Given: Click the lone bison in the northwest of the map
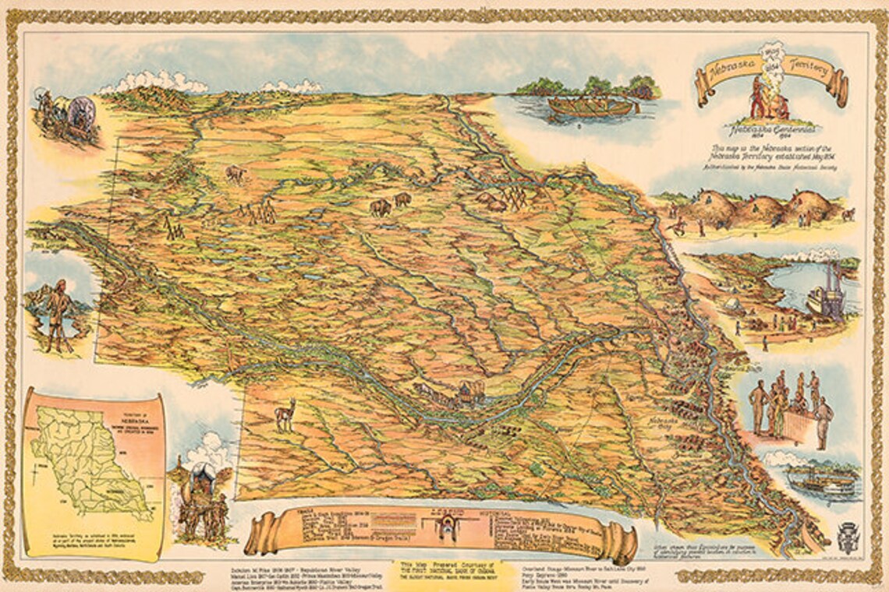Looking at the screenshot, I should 234,173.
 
